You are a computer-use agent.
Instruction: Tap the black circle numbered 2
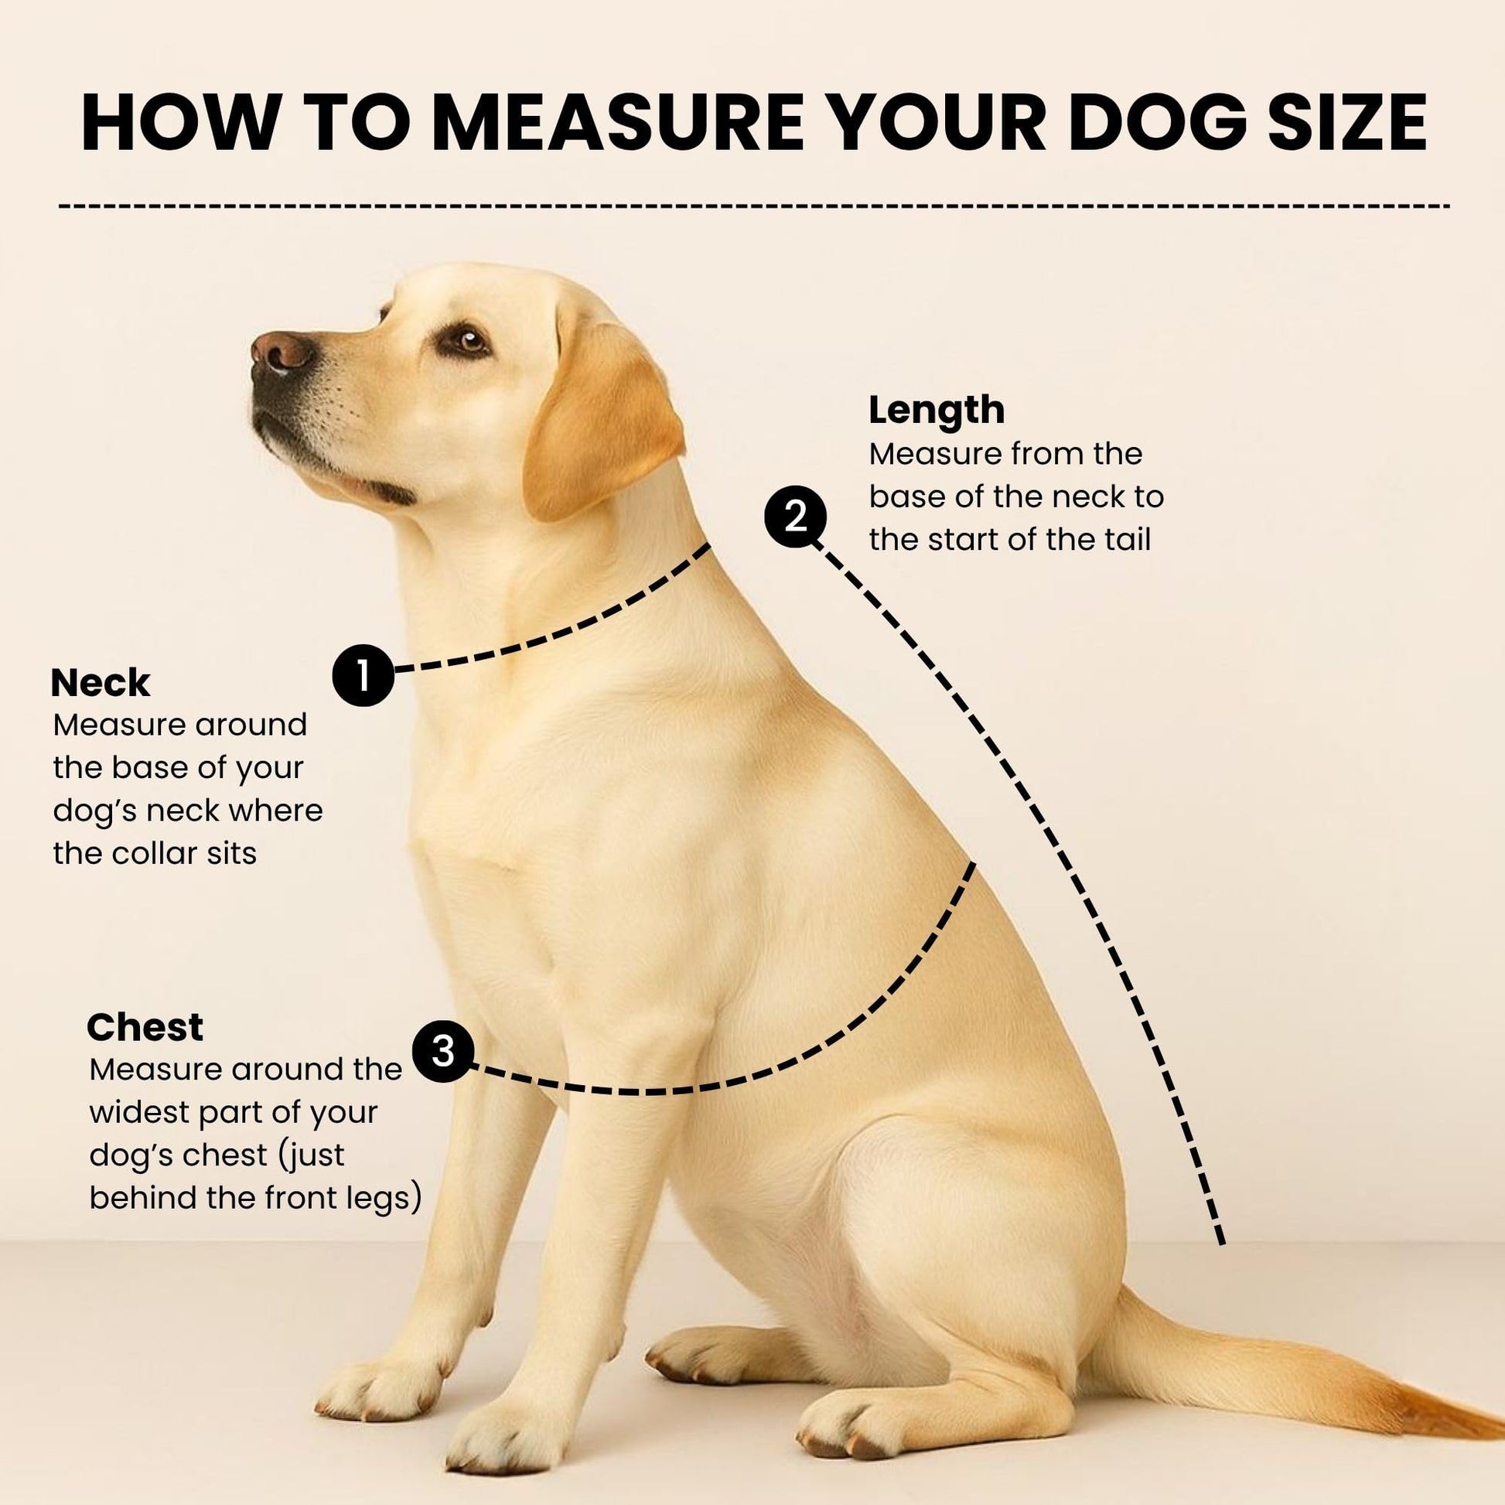(795, 517)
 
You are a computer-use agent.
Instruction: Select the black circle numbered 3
(442, 1051)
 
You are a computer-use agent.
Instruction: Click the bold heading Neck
(101, 683)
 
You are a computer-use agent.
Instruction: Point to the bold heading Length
(937, 411)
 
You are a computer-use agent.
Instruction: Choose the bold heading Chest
(145, 1028)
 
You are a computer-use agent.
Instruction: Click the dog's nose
(282, 352)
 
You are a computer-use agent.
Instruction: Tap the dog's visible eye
(465, 340)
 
